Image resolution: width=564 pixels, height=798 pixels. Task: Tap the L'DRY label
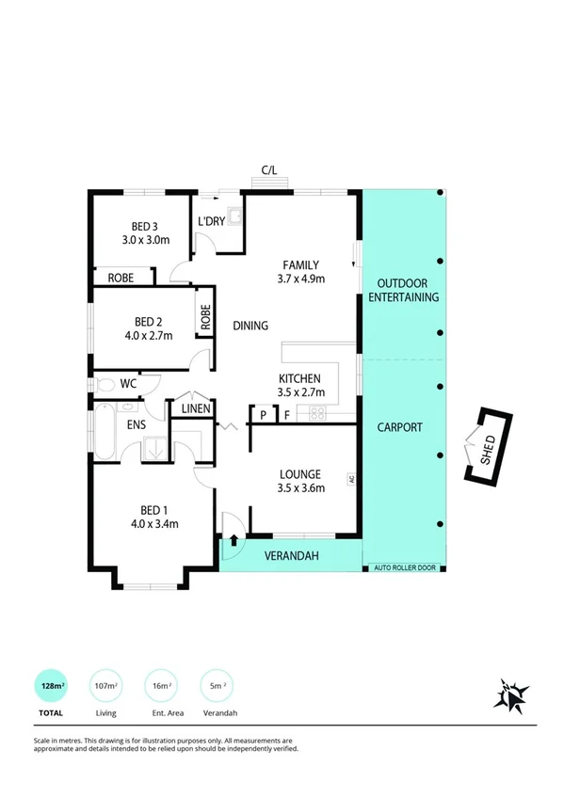pos(210,221)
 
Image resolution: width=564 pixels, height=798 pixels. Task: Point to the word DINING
pos(250,326)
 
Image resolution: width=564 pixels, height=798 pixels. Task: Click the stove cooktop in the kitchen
pos(317,412)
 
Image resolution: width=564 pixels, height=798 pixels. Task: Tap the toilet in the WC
pos(105,384)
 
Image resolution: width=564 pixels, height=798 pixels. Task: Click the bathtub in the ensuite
pos(105,433)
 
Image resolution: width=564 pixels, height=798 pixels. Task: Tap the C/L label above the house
pos(269,169)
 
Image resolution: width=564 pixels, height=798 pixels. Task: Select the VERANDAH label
pos(291,556)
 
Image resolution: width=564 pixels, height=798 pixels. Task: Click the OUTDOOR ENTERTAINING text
pos(402,290)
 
